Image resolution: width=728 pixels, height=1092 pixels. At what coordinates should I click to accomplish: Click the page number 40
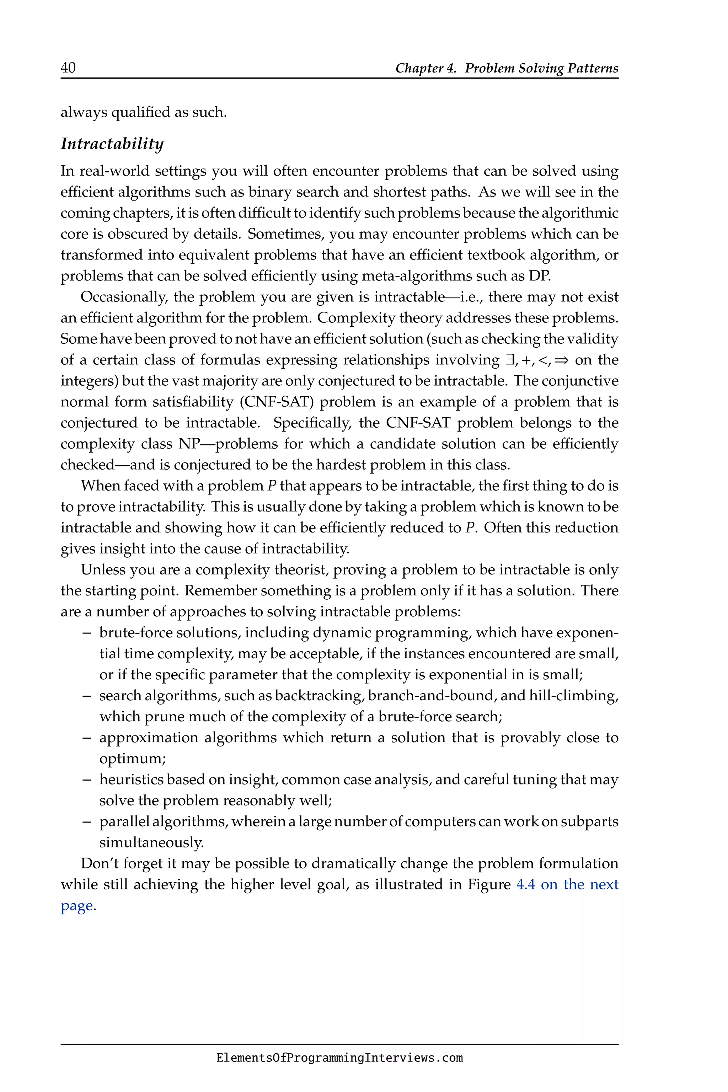[x=68, y=68]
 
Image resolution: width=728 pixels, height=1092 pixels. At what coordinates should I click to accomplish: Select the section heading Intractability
[x=112, y=144]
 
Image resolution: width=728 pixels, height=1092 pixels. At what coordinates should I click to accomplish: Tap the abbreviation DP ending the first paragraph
[x=539, y=276]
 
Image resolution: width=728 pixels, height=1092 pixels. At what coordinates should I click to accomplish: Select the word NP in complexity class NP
[x=188, y=444]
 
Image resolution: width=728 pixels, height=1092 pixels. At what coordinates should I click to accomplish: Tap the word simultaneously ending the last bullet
[x=151, y=843]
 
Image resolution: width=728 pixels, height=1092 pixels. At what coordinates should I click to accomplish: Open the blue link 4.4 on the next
[x=567, y=884]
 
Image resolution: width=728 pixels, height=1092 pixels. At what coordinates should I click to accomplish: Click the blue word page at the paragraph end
[x=77, y=906]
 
